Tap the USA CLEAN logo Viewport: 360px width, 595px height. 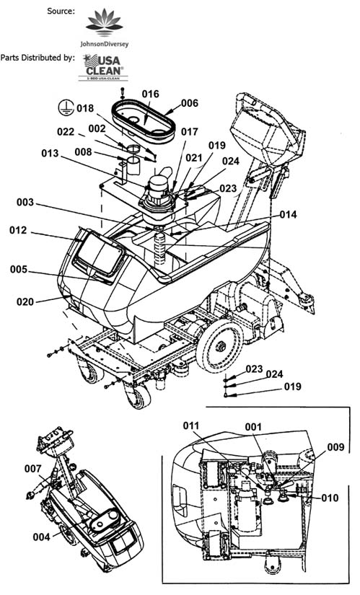click(103, 68)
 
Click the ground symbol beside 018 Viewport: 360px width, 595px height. click(66, 107)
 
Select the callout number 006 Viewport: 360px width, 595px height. click(189, 103)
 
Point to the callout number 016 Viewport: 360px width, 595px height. click(150, 94)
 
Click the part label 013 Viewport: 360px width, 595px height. click(50, 153)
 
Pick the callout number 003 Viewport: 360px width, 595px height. click(25, 202)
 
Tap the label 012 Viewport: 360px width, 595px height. click(18, 230)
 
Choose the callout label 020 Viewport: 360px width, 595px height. click(25, 301)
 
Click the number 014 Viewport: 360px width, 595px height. click(289, 214)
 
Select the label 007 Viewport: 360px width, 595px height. click(32, 469)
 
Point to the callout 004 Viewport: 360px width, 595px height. click(41, 537)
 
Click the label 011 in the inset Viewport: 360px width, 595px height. click(191, 426)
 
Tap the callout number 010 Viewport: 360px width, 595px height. click(330, 498)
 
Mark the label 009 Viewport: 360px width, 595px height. click(335, 447)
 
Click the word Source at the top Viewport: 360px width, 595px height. click(61, 11)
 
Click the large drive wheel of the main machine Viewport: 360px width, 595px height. click(219, 345)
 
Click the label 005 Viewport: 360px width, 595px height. click(19, 270)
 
